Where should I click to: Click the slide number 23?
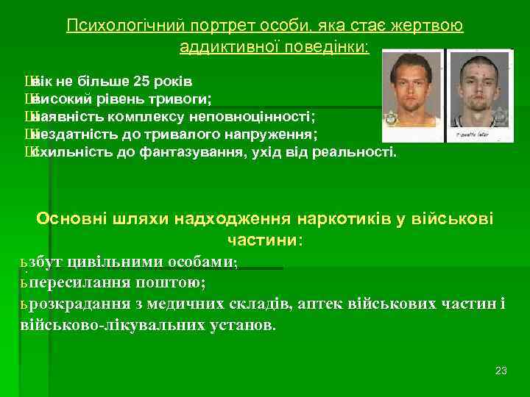[501, 370]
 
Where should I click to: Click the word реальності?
[356, 152]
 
